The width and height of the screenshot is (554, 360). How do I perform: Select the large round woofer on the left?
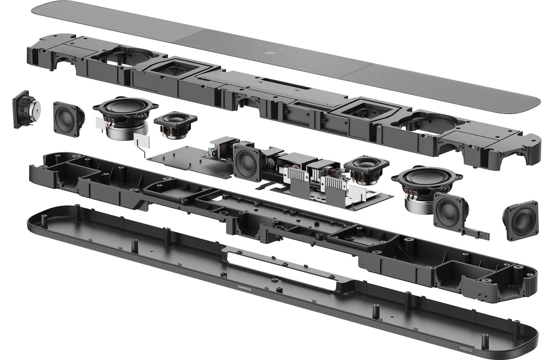(x=125, y=109)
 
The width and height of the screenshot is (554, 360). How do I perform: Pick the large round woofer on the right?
(x=426, y=178)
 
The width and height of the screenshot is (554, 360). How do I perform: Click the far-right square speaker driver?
(x=521, y=220)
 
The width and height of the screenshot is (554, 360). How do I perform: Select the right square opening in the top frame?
(x=366, y=110)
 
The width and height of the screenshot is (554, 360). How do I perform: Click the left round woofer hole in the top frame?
(x=127, y=57)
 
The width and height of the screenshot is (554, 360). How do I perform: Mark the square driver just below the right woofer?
(x=450, y=211)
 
